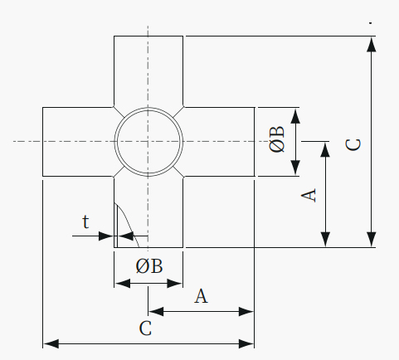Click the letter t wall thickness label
coord(85,221)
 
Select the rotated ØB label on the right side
coord(276,139)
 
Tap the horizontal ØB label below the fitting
coord(149,266)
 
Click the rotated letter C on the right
coord(353,144)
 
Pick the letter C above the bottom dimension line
coord(145,328)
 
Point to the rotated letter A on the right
coord(309,195)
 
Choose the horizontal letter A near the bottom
coord(201,296)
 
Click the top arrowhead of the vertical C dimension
coord(371,44)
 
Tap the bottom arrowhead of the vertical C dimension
coord(371,240)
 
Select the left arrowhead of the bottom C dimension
coord(51,344)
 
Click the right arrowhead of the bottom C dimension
coord(246,344)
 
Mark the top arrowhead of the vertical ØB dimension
coord(295,116)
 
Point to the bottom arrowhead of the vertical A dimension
coord(326,240)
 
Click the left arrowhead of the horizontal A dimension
coord(156,312)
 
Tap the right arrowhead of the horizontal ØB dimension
coord(175,284)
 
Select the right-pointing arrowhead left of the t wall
coord(106,236)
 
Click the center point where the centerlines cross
coord(148,142)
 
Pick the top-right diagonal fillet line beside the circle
coord(178,112)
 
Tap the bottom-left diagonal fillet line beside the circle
coord(119,172)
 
